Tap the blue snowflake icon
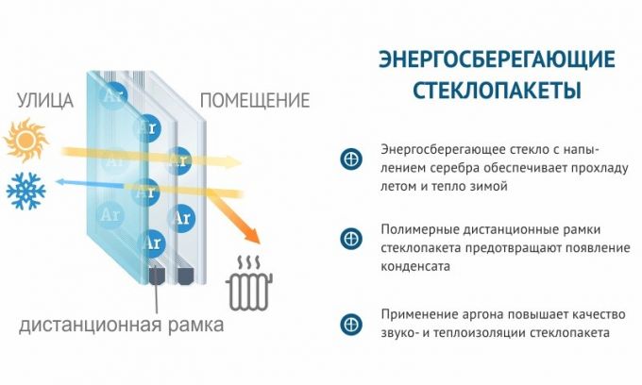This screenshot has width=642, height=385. tap(25, 191)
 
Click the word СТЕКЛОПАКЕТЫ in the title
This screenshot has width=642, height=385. tap(497, 92)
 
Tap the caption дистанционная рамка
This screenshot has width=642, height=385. tap(122, 326)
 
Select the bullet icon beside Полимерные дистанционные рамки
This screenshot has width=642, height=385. tap(350, 238)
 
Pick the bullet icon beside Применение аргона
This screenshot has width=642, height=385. tap(350, 324)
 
